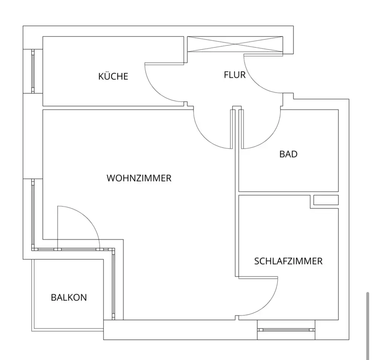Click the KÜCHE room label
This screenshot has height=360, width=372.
113,77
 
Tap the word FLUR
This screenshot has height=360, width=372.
235,75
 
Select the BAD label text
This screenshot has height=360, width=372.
288,154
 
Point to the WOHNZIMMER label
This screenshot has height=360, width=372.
139,178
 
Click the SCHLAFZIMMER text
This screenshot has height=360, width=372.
288,261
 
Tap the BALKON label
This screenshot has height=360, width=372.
69,298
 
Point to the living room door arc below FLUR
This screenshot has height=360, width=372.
204,136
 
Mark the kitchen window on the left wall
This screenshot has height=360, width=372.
33,71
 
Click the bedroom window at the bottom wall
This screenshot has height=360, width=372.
286,330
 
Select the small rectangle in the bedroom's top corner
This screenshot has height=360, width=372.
326,200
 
